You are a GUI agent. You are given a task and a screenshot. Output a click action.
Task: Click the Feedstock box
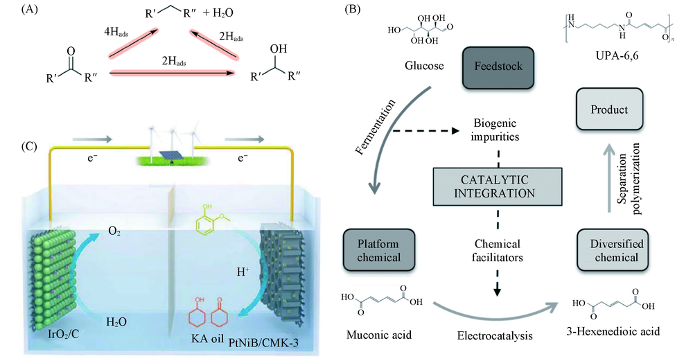pos(497,67)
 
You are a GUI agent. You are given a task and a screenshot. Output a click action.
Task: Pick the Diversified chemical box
pos(611,249)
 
